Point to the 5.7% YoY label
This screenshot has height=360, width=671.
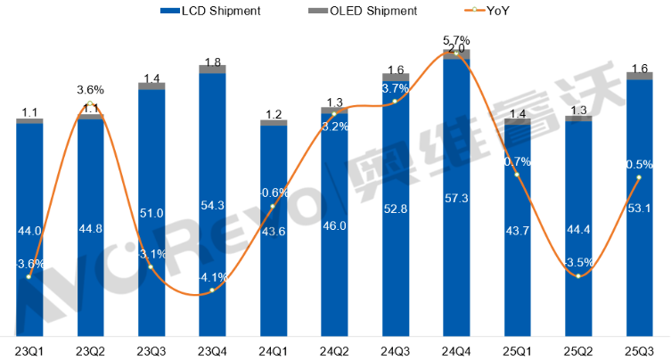coord(456,40)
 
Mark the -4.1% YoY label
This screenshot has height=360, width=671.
coord(212,277)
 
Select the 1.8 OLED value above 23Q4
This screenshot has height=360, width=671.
coord(212,61)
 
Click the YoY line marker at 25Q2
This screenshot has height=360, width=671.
coord(578,276)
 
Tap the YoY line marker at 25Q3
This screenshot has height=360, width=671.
coord(639,178)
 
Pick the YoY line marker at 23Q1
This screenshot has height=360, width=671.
coord(29,277)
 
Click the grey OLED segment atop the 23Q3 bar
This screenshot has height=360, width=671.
coord(151,86)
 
